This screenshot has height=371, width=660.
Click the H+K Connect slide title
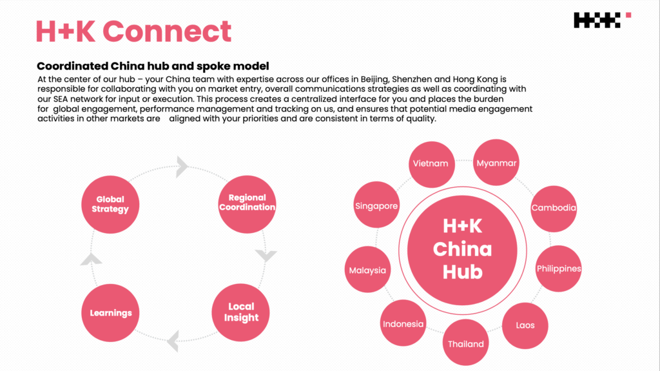(x=133, y=31)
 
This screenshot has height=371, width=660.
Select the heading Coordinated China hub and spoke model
(x=153, y=66)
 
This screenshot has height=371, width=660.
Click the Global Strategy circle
(x=110, y=204)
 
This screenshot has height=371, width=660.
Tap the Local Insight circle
(x=241, y=312)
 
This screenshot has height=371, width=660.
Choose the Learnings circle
(x=111, y=313)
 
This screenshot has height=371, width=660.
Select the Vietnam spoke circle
(x=430, y=163)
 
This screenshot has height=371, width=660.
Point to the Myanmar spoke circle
(x=496, y=163)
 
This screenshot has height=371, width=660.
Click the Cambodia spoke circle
(x=553, y=208)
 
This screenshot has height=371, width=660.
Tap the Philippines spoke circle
(x=559, y=268)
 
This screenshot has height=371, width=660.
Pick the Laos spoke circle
(x=525, y=325)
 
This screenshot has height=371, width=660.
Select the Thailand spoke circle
(x=466, y=344)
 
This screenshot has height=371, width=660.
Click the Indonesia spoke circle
(x=403, y=324)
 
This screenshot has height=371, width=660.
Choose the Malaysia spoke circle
(x=367, y=270)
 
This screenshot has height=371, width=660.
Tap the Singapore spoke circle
(x=376, y=206)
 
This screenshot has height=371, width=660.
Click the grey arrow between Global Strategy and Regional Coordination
(x=182, y=166)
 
